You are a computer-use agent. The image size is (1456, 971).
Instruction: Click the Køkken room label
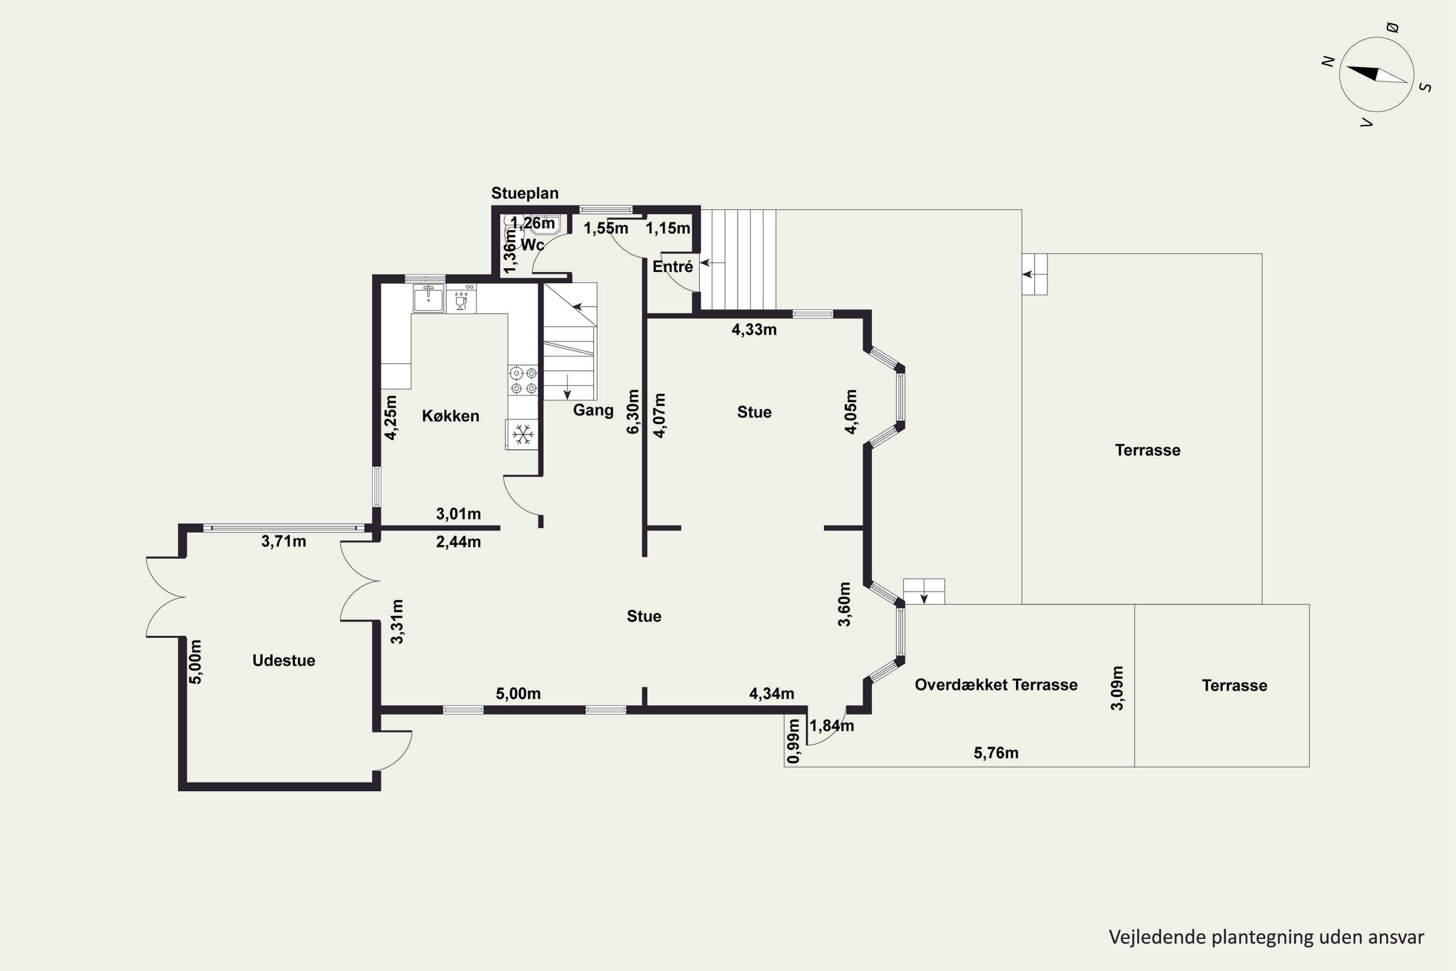pos(451,416)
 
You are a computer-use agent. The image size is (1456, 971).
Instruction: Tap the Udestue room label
pos(283,660)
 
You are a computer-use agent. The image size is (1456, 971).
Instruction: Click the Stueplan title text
pos(525,193)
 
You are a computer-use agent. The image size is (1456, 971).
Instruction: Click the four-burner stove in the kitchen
pos(524,381)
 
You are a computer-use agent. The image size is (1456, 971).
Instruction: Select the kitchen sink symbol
pos(429,299)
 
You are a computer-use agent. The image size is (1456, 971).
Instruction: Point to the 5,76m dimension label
pos(996,753)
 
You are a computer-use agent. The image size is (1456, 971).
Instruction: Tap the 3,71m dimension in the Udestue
pos(283,541)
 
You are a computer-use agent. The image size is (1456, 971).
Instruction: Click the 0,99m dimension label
pos(793,741)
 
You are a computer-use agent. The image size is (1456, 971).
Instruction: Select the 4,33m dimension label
pos(754,330)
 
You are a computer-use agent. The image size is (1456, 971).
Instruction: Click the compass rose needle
pos(1377,74)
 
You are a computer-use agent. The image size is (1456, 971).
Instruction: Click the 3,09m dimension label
pos(1117,688)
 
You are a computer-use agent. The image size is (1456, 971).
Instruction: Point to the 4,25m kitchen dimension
pos(391,418)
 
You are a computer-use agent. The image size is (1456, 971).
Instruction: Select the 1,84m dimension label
pos(832,725)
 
